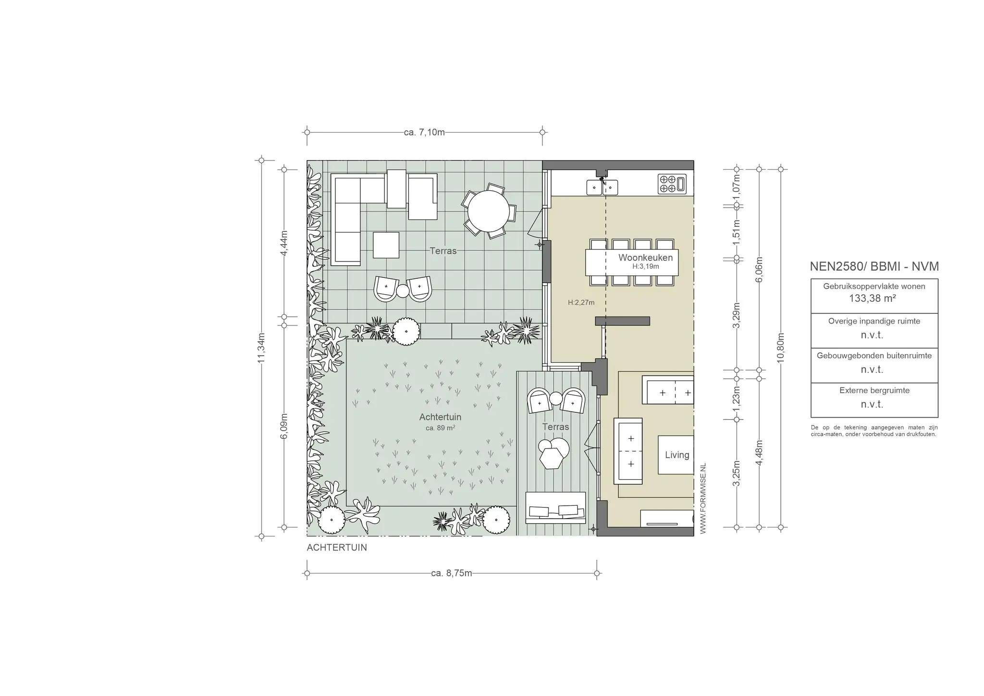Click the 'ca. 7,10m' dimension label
[424, 132]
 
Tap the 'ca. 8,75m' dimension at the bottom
[452, 573]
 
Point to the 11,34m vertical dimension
[261, 348]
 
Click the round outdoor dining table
[489, 211]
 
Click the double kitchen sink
[602, 186]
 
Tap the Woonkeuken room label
[645, 258]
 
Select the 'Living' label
[677, 455]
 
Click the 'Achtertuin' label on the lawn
[440, 417]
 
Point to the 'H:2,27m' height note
[581, 302]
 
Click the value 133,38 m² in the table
[872, 298]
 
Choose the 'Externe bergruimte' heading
[874, 390]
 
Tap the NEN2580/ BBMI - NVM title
[874, 267]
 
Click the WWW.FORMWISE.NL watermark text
[703, 498]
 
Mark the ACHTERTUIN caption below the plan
[337, 547]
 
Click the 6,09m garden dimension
[284, 426]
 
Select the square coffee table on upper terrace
[386, 245]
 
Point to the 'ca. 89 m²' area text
[440, 428]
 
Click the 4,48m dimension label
[759, 453]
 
